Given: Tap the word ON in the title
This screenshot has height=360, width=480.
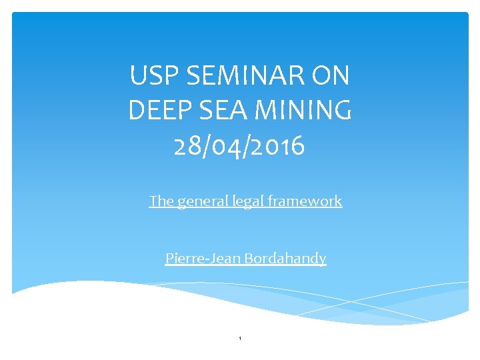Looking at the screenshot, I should [x=329, y=76].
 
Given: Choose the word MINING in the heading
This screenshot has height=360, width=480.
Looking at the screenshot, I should [x=307, y=111].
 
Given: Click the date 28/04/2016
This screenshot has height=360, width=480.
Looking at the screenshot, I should [x=239, y=145].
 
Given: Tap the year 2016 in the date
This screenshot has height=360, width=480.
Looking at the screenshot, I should [x=280, y=145].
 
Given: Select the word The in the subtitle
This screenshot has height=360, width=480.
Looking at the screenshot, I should [x=161, y=201].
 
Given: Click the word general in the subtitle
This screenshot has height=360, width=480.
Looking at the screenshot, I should [x=202, y=201].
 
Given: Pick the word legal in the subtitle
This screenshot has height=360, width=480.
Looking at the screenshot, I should [x=248, y=201].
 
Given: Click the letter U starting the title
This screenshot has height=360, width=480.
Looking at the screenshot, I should [x=137, y=76].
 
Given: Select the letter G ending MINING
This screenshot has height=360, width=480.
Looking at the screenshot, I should [x=341, y=111].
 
